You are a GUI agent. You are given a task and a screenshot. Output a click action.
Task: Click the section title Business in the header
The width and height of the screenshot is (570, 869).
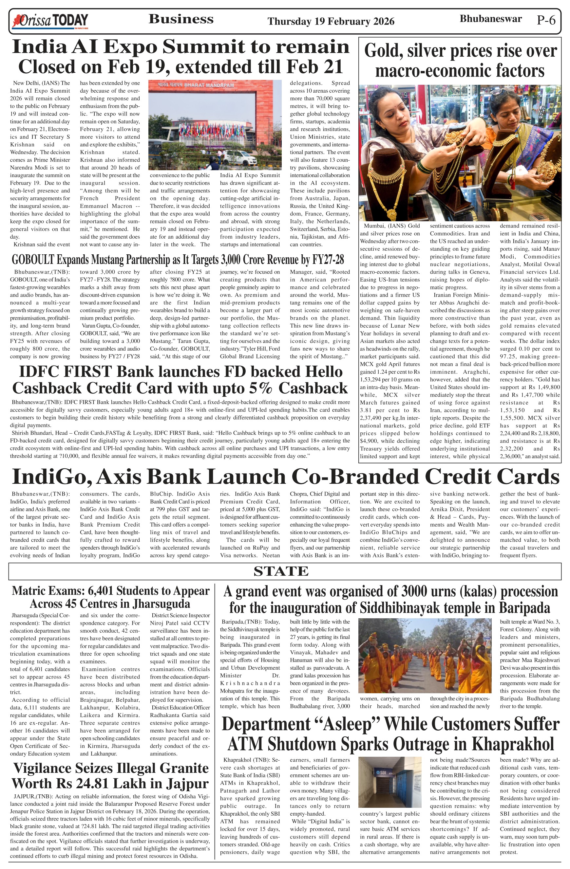(x=181, y=19)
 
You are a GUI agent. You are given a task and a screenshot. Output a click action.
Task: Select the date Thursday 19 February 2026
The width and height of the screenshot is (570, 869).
(x=331, y=22)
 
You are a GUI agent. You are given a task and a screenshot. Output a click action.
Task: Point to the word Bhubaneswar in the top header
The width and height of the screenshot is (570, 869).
(x=490, y=19)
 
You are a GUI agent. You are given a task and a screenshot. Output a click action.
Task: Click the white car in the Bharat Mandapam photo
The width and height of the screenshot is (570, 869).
(x=239, y=157)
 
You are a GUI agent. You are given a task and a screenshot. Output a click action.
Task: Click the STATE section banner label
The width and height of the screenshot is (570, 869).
(x=281, y=571)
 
